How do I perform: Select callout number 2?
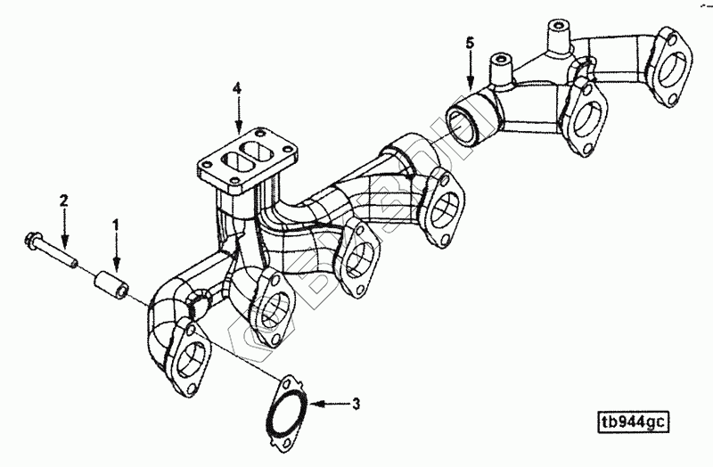63,199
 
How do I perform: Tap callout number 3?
355,404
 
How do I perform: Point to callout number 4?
237,88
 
